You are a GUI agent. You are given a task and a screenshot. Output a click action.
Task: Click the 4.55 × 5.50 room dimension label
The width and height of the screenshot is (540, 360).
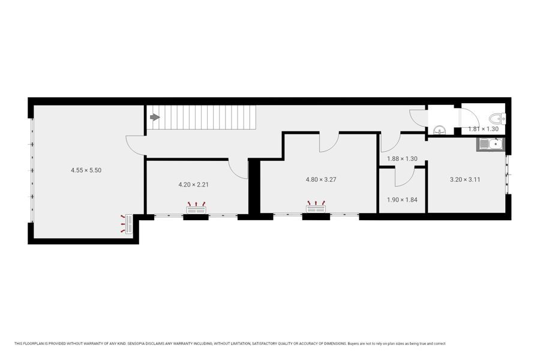click(x=86, y=170)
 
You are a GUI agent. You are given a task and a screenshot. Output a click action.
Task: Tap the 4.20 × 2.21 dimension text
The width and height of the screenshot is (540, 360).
click(x=194, y=185)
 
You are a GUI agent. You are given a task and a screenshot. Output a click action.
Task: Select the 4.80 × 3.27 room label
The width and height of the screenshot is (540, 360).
click(x=321, y=179)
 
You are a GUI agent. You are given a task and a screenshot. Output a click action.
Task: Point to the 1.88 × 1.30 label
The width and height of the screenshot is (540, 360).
click(x=402, y=159)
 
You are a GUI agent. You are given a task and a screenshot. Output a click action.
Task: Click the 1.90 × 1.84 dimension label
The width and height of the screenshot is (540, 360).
click(x=402, y=200)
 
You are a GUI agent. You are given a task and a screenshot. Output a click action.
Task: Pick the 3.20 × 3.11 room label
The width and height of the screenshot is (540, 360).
click(x=465, y=179)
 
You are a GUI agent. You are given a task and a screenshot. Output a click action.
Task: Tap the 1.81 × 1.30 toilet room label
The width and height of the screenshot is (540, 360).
click(x=483, y=129)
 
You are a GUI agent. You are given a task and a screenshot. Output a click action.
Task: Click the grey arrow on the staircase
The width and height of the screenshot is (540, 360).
click(x=155, y=118)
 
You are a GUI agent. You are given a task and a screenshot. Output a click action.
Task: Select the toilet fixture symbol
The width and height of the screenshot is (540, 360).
click(x=497, y=119)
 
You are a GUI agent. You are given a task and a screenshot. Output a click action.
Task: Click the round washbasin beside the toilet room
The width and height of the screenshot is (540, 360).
click(x=440, y=130)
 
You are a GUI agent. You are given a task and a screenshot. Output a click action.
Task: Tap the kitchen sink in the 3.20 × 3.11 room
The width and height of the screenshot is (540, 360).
click(x=490, y=145)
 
